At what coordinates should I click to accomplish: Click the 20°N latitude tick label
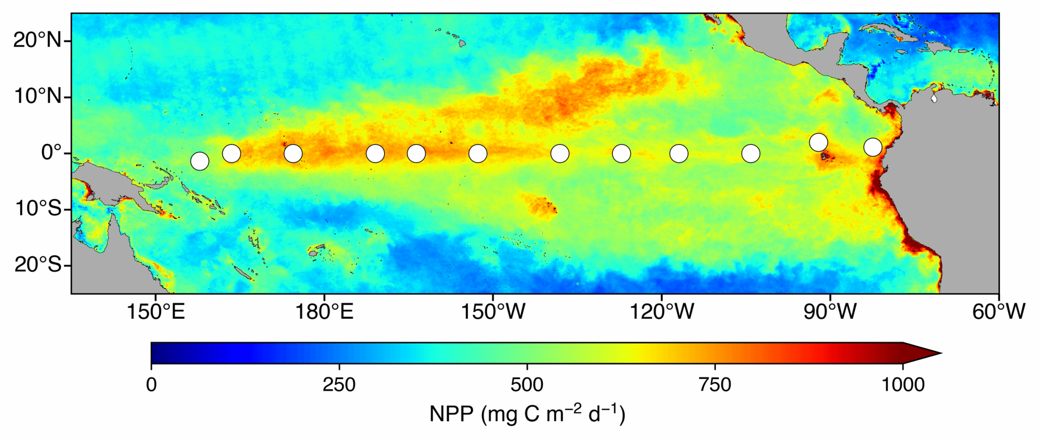[37, 40]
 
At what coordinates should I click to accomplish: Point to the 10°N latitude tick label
[37, 96]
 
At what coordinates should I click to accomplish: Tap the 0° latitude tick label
[51, 152]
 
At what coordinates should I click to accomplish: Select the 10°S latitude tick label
[37, 208]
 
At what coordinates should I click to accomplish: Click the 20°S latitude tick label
[37, 264]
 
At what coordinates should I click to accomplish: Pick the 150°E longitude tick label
[155, 312]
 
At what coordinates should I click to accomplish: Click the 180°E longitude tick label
[324, 312]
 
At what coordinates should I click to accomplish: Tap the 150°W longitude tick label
[493, 312]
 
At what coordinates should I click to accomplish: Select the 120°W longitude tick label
[662, 312]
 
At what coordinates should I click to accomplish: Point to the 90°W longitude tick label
[830, 312]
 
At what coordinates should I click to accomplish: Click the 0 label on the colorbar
[151, 385]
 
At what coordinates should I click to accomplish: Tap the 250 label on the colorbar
[339, 385]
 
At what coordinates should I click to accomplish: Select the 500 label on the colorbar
[527, 385]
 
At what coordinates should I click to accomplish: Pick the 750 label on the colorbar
[715, 385]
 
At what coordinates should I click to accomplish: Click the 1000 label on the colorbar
[903, 385]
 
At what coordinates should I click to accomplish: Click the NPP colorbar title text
[527, 414]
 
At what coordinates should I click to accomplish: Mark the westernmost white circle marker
[200, 161]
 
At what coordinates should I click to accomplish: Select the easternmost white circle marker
[873, 147]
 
